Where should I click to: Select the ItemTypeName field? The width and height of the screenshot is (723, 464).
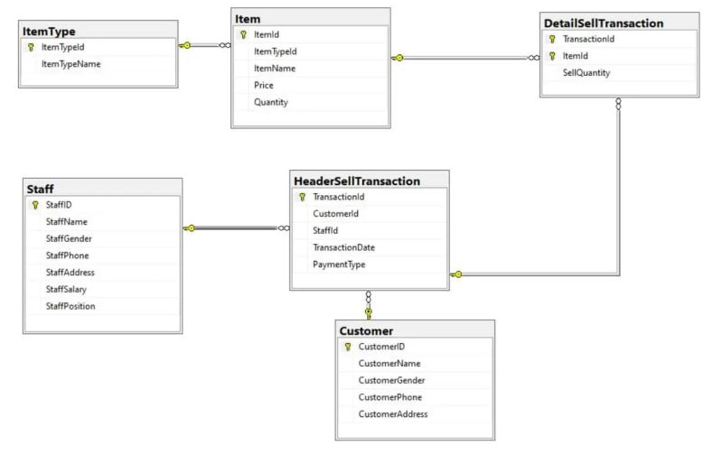71,64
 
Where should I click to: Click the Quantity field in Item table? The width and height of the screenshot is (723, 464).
271,102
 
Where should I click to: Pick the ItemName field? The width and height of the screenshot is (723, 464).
276,68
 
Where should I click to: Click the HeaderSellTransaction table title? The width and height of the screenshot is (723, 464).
357,181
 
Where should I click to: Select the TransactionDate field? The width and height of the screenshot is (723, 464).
343,247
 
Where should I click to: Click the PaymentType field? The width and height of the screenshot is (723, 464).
338,264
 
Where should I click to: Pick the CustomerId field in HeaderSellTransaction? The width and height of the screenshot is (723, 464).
336,214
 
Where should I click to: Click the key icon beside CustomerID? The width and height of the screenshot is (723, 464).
347,347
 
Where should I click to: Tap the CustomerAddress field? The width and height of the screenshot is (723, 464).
393,414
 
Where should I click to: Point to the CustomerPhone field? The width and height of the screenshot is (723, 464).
390,397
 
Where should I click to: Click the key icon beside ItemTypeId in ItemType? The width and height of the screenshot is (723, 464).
31,47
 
